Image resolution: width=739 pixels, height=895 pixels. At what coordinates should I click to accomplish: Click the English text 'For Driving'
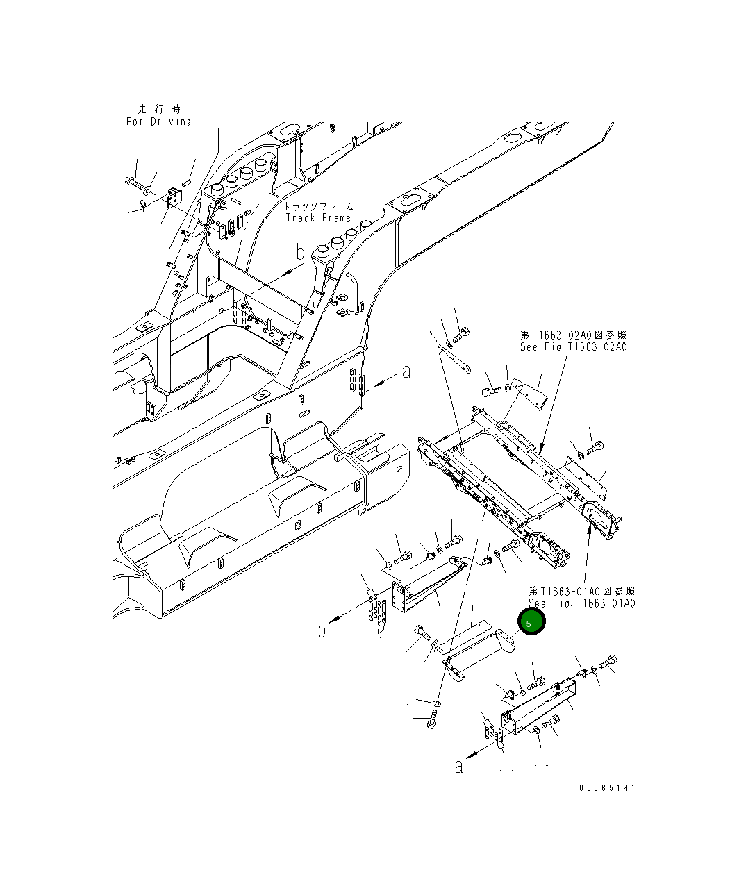[158, 122]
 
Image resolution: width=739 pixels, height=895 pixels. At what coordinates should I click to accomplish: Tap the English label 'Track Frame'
[318, 218]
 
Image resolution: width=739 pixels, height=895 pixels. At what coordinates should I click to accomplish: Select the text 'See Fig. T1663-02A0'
[573, 346]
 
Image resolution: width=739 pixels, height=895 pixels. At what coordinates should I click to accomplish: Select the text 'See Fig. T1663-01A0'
[581, 603]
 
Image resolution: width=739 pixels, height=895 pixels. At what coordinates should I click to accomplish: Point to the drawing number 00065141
[606, 788]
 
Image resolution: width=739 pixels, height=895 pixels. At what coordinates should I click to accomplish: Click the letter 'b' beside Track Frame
[300, 253]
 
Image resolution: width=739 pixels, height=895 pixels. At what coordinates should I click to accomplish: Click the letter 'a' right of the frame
[406, 372]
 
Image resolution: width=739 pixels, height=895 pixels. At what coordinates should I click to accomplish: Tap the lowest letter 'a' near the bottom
[458, 767]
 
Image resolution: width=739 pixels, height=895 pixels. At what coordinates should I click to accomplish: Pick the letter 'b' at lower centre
[322, 630]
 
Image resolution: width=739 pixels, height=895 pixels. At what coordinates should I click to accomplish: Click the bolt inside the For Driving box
[133, 183]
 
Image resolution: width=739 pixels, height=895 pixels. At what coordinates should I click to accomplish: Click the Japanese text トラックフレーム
[318, 206]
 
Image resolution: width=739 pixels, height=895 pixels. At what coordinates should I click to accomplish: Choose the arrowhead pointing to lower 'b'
[334, 618]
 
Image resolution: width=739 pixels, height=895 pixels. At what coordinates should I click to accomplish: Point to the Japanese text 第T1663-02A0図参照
[573, 335]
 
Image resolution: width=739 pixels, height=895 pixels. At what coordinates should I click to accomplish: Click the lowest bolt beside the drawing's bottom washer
[433, 723]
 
